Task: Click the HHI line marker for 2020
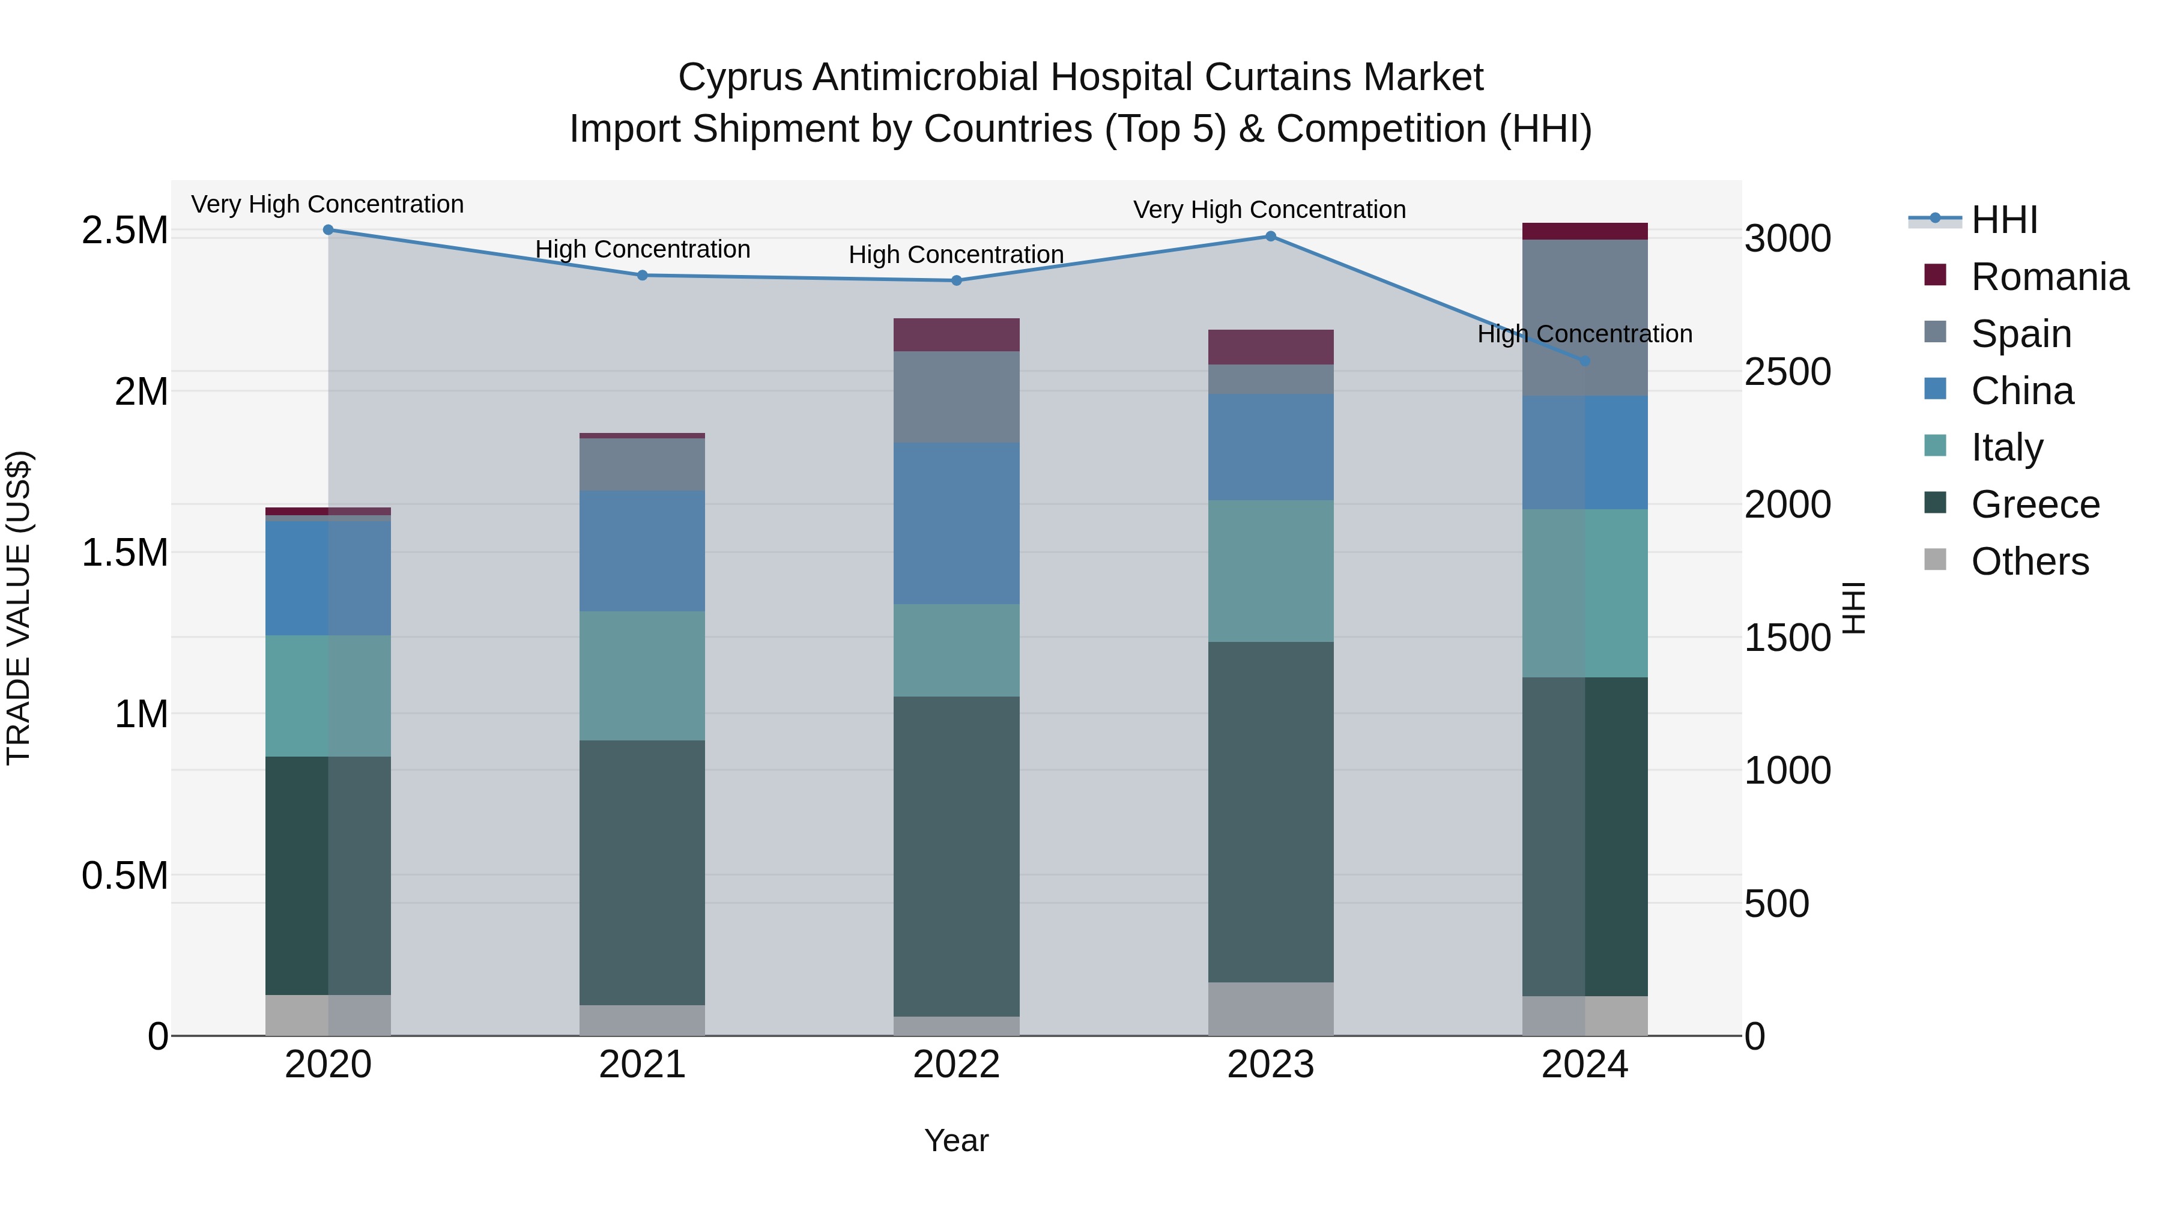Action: coord(328,230)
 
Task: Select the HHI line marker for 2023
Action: coord(1271,237)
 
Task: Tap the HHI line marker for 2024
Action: coord(1585,361)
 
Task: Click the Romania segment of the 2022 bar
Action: coord(956,335)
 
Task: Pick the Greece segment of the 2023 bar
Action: coord(1271,812)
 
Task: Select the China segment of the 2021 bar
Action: coord(642,551)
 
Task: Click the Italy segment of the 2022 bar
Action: coord(956,650)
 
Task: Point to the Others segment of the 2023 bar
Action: coord(1271,1009)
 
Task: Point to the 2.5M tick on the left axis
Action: coord(124,231)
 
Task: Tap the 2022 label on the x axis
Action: coord(956,1065)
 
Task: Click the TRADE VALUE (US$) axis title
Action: coord(19,608)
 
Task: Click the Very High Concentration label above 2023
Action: coord(1269,210)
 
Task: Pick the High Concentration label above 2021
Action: coord(642,249)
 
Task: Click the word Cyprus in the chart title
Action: coord(740,77)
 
